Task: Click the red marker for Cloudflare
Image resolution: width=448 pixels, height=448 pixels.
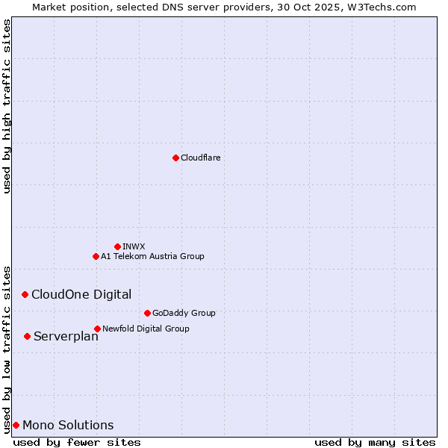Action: pos(175,158)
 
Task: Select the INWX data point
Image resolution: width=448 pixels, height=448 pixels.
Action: pos(117,246)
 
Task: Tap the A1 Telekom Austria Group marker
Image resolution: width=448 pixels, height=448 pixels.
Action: pos(96,256)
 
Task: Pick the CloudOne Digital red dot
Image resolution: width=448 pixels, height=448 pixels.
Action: pos(25,294)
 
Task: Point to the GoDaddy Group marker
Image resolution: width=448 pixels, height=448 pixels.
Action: pos(147,313)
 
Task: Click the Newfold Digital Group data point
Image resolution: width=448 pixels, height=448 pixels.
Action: pos(97,329)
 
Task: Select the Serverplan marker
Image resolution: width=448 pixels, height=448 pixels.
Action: pos(27,336)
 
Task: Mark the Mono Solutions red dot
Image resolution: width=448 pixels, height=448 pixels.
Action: pos(16,425)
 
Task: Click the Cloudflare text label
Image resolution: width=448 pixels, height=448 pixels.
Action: pos(200,158)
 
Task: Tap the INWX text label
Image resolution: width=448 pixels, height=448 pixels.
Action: pos(134,246)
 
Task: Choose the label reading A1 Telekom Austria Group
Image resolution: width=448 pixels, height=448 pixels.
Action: pos(152,256)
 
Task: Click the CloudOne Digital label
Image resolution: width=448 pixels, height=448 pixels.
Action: pos(81,294)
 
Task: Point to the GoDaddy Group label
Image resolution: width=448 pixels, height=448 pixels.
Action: pos(184,313)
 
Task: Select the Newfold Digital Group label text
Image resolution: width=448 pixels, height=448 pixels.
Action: pos(146,329)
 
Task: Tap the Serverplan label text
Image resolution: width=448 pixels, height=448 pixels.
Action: pos(66,337)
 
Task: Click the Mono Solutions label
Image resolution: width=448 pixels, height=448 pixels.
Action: pos(68,426)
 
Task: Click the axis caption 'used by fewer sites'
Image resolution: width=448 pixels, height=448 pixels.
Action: pos(77,442)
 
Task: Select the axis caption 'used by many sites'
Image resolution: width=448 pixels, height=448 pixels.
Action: pos(375,442)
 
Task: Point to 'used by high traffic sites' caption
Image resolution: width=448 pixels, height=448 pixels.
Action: pos(7,106)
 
